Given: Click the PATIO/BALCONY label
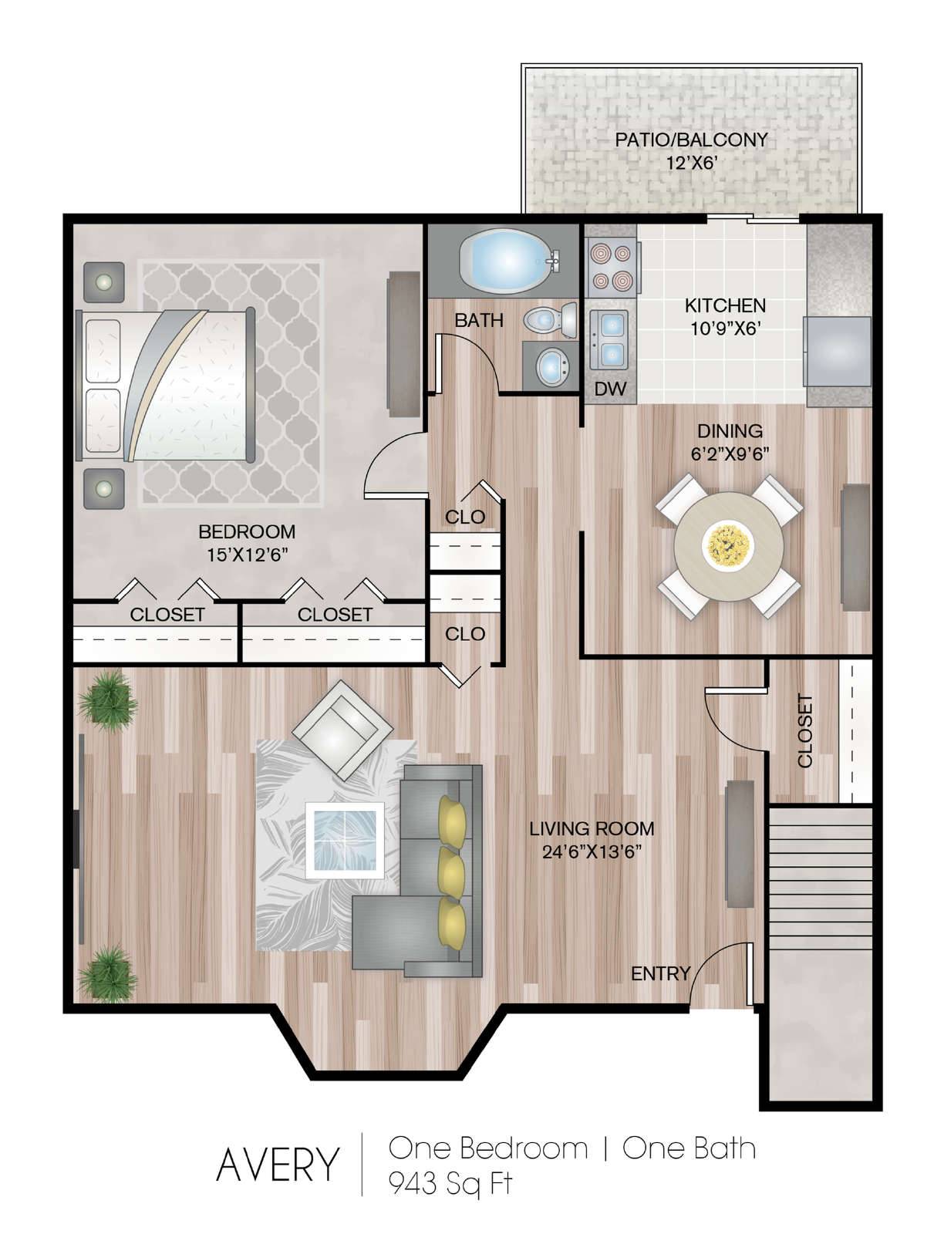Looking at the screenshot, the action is coord(691,140).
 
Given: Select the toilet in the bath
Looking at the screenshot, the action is coord(551,320).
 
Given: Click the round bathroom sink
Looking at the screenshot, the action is coord(553,366).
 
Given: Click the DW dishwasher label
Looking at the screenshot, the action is coord(610,389).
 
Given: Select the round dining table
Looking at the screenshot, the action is coord(729,547).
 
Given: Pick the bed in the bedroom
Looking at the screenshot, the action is coord(165,385).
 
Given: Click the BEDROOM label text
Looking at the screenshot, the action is coord(247,531).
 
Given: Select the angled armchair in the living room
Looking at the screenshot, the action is coord(342,730).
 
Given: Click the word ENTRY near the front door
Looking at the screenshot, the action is coord(661,974).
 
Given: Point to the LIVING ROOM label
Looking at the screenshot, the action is coord(592,828).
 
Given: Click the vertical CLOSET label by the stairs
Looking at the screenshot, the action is coord(805,731).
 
